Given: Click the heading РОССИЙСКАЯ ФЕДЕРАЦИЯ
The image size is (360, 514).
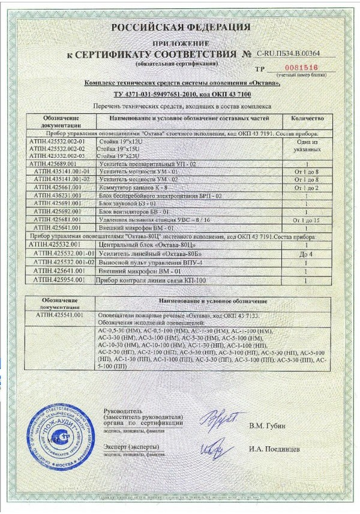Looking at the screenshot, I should [x=180, y=27].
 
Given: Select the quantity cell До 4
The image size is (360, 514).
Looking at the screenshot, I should [x=307, y=254].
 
